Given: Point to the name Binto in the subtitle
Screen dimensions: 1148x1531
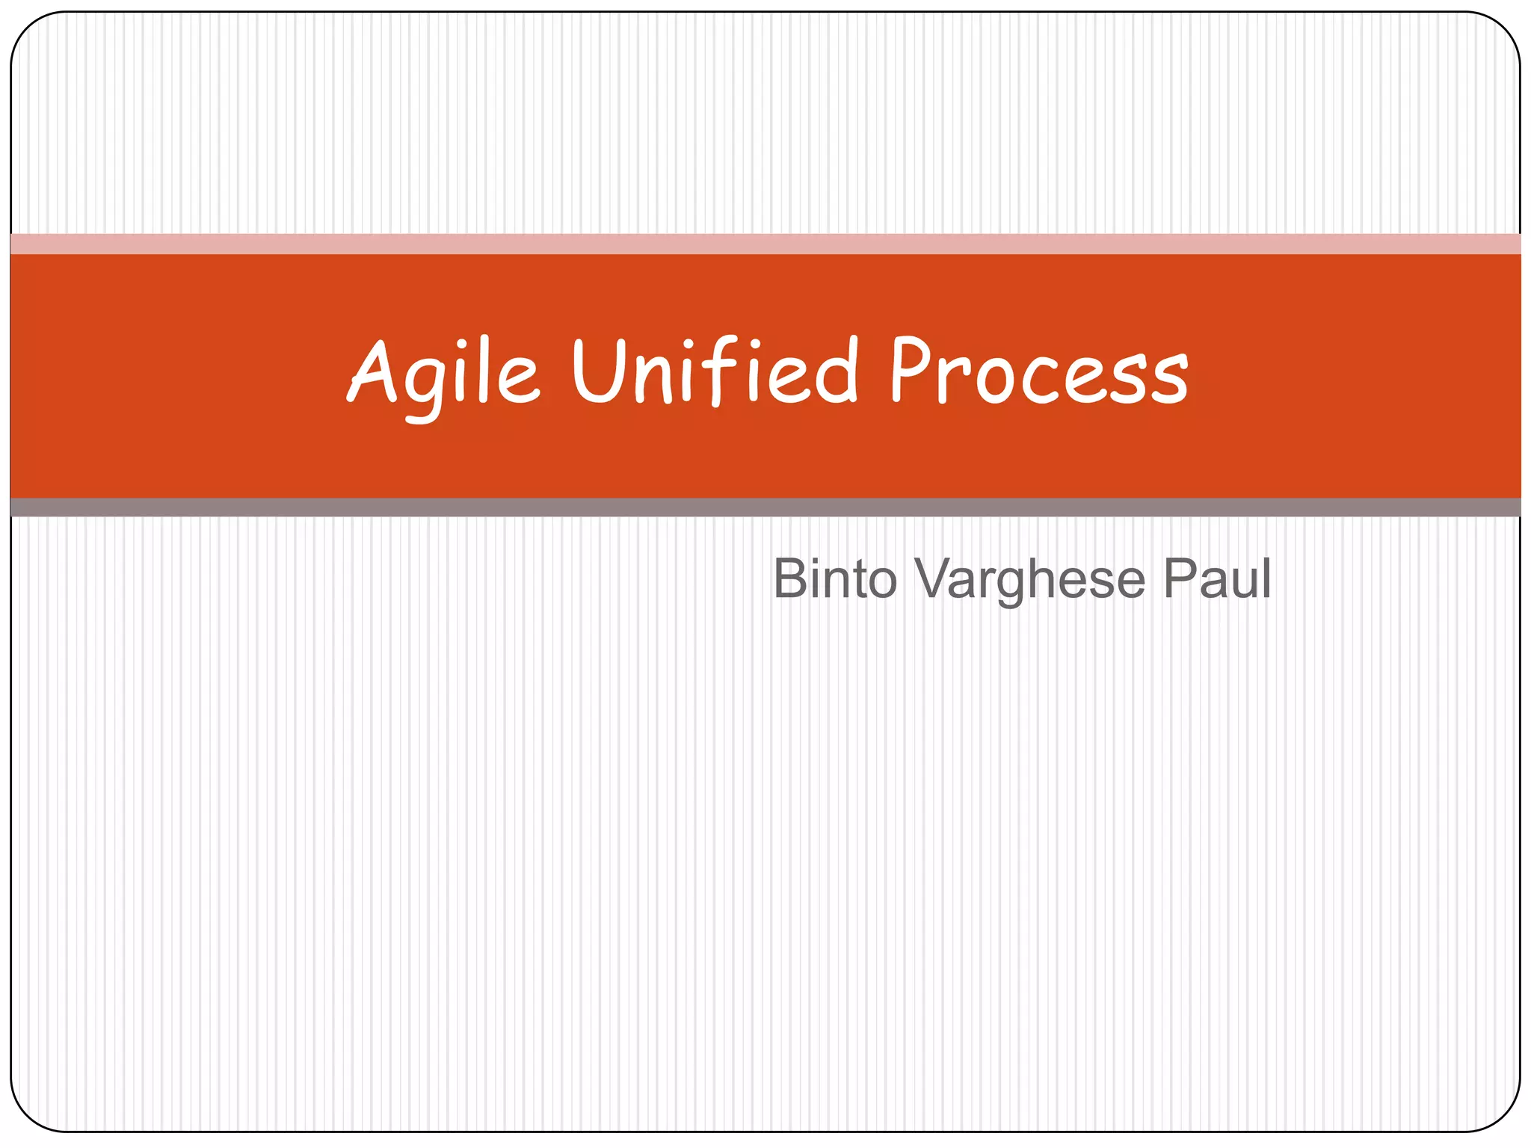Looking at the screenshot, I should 834,578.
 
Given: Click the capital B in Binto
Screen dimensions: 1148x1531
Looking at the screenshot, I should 789,578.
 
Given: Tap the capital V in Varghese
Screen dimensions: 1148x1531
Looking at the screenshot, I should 935,578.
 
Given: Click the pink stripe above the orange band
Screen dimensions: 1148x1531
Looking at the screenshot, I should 765,244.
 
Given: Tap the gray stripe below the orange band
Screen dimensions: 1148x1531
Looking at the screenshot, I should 765,507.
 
